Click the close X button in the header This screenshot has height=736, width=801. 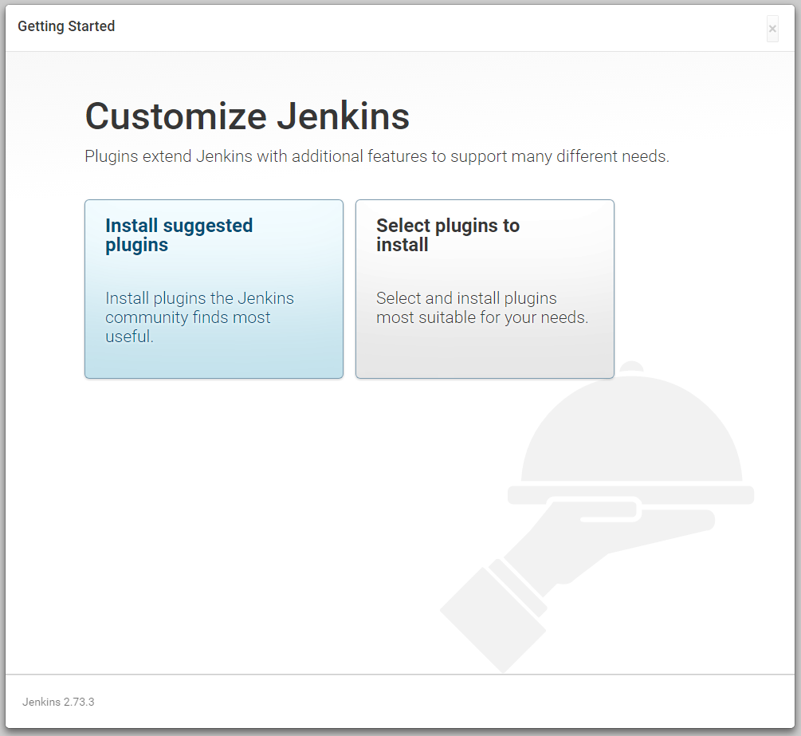click(772, 29)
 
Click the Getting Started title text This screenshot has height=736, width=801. click(66, 26)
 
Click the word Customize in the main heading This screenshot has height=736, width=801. click(175, 116)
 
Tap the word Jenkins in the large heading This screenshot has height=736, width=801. click(343, 116)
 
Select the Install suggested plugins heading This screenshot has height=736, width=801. click(179, 235)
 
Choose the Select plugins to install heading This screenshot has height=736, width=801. click(448, 235)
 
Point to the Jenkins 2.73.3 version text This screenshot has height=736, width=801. click(58, 702)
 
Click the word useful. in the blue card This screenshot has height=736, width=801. click(129, 337)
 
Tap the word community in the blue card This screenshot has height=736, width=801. click(147, 317)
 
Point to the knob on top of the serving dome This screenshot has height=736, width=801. click(631, 366)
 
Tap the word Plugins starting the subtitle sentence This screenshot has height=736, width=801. click(112, 156)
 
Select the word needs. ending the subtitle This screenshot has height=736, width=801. click(644, 156)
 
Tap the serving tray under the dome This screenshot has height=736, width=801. click(631, 494)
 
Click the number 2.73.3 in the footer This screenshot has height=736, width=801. click(79, 702)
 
